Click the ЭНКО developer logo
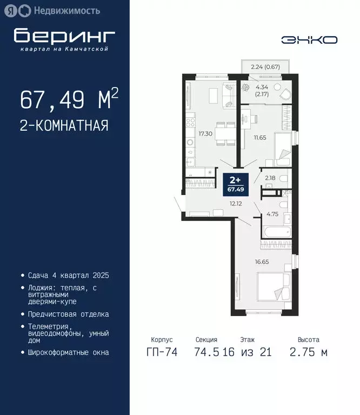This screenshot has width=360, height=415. pos(310,39)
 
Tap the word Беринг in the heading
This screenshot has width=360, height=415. pos(64,36)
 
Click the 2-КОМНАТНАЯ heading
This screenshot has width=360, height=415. pos(64,126)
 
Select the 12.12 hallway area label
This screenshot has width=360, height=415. pos(235,204)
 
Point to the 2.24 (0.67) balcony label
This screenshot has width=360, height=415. pos(265,67)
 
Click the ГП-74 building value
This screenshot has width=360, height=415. pos(161,353)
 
